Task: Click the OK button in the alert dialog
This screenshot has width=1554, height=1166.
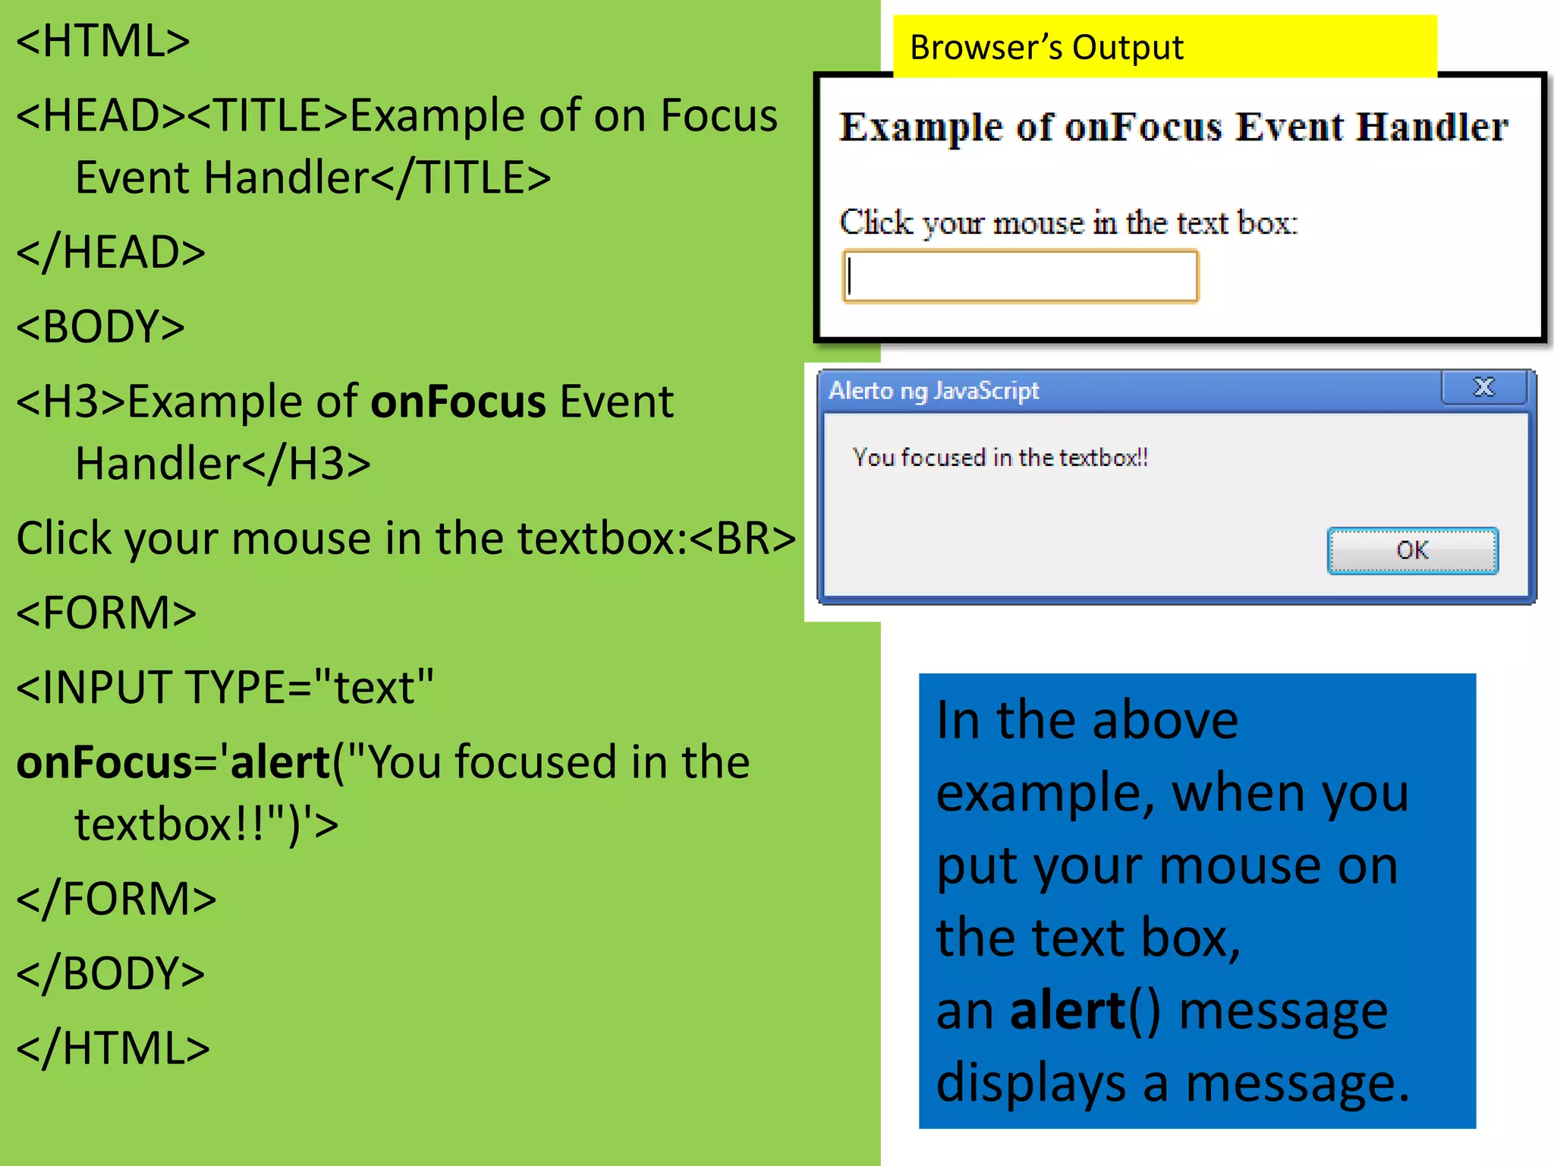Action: [x=1412, y=550]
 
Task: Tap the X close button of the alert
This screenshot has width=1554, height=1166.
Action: [x=1483, y=388]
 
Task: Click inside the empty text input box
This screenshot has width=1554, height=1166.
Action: [x=1021, y=276]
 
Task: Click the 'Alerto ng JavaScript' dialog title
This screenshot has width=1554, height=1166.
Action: [x=933, y=391]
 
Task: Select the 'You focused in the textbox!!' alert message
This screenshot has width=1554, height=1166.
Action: [x=999, y=458]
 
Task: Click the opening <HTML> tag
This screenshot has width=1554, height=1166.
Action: [x=103, y=41]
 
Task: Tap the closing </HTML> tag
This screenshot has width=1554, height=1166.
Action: [x=113, y=1048]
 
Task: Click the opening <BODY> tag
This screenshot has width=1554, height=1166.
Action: [x=101, y=327]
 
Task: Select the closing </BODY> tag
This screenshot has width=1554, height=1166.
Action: [x=111, y=974]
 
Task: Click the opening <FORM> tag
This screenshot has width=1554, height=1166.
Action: [x=106, y=613]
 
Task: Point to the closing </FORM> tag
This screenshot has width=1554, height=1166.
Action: [x=116, y=900]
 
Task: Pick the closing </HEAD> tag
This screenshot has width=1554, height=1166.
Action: [x=111, y=253]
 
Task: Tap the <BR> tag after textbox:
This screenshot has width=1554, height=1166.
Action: [x=743, y=539]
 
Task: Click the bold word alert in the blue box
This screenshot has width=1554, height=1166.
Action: [x=1068, y=1011]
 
